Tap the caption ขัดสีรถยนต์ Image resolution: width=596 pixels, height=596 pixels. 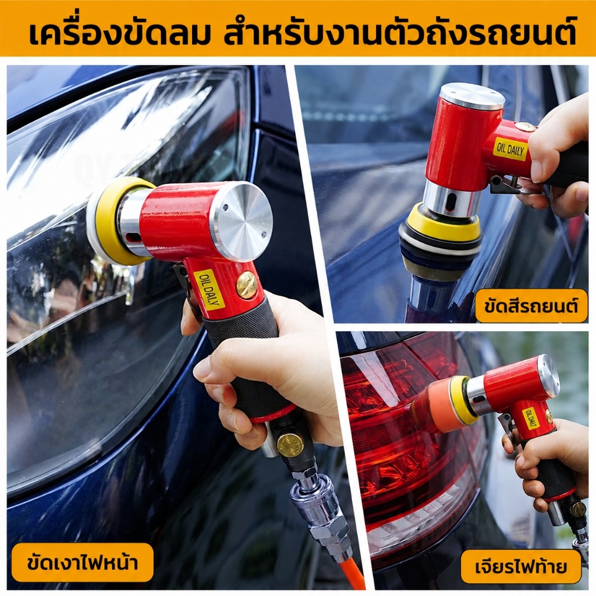531,306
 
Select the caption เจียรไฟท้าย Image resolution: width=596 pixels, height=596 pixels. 521,567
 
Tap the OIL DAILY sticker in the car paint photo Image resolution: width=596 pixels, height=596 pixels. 510,150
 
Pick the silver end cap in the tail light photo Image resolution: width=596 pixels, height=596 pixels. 548,372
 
